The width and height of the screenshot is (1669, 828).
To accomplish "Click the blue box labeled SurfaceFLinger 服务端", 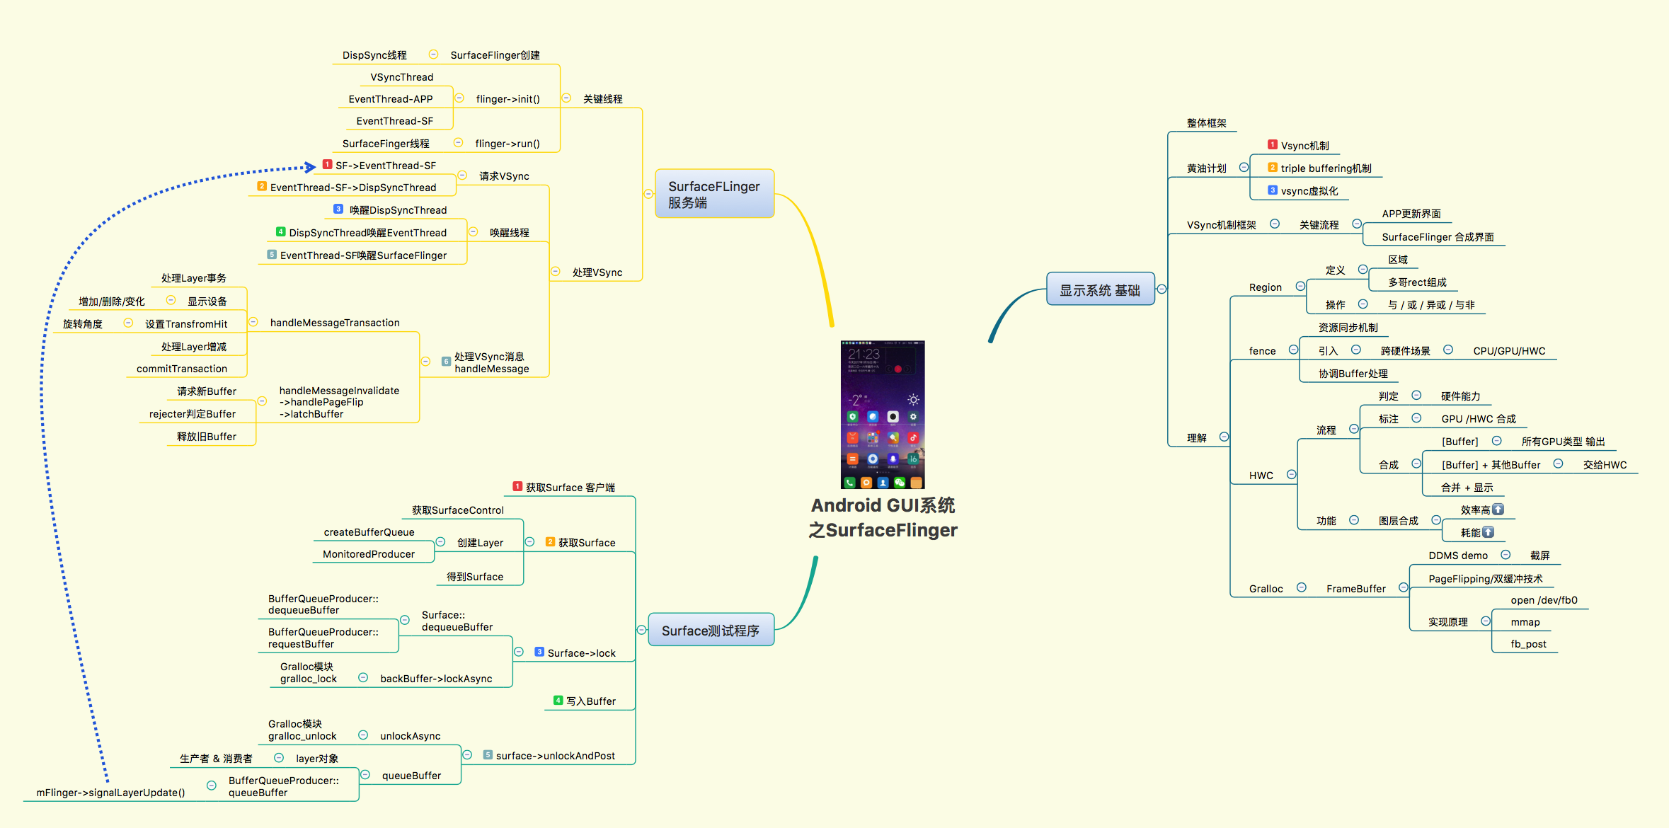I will click(714, 194).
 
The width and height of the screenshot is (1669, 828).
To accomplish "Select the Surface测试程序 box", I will click(711, 631).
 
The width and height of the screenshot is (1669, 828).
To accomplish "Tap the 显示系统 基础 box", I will click(1100, 290).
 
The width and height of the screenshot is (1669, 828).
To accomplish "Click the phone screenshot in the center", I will click(883, 415).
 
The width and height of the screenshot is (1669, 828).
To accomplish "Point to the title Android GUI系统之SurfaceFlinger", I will click(883, 518).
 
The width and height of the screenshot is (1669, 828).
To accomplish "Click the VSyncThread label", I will click(402, 77).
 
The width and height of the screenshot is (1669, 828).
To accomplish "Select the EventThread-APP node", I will click(391, 99).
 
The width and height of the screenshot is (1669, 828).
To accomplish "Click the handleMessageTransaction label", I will click(335, 323).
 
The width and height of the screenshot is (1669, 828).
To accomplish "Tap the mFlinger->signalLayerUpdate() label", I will click(110, 793).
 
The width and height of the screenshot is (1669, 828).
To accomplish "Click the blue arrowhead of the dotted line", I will click(310, 167).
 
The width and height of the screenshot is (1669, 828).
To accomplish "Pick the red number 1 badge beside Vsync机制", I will click(1273, 145).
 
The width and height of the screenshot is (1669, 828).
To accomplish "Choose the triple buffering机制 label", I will click(1326, 168).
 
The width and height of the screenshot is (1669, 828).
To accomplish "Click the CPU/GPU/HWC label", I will click(1509, 351).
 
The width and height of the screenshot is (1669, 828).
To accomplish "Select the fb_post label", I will click(1528, 644).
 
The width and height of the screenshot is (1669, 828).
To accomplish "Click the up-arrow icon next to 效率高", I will click(1498, 510).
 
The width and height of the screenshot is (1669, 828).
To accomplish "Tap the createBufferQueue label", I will click(369, 532).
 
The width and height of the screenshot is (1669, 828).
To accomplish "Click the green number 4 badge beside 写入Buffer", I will click(558, 701).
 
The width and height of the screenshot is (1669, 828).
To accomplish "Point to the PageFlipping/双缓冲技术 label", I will click(1485, 579).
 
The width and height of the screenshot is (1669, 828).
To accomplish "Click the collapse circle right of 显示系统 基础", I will click(1162, 289).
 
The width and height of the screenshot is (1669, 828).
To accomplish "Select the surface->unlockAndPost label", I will click(555, 756).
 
